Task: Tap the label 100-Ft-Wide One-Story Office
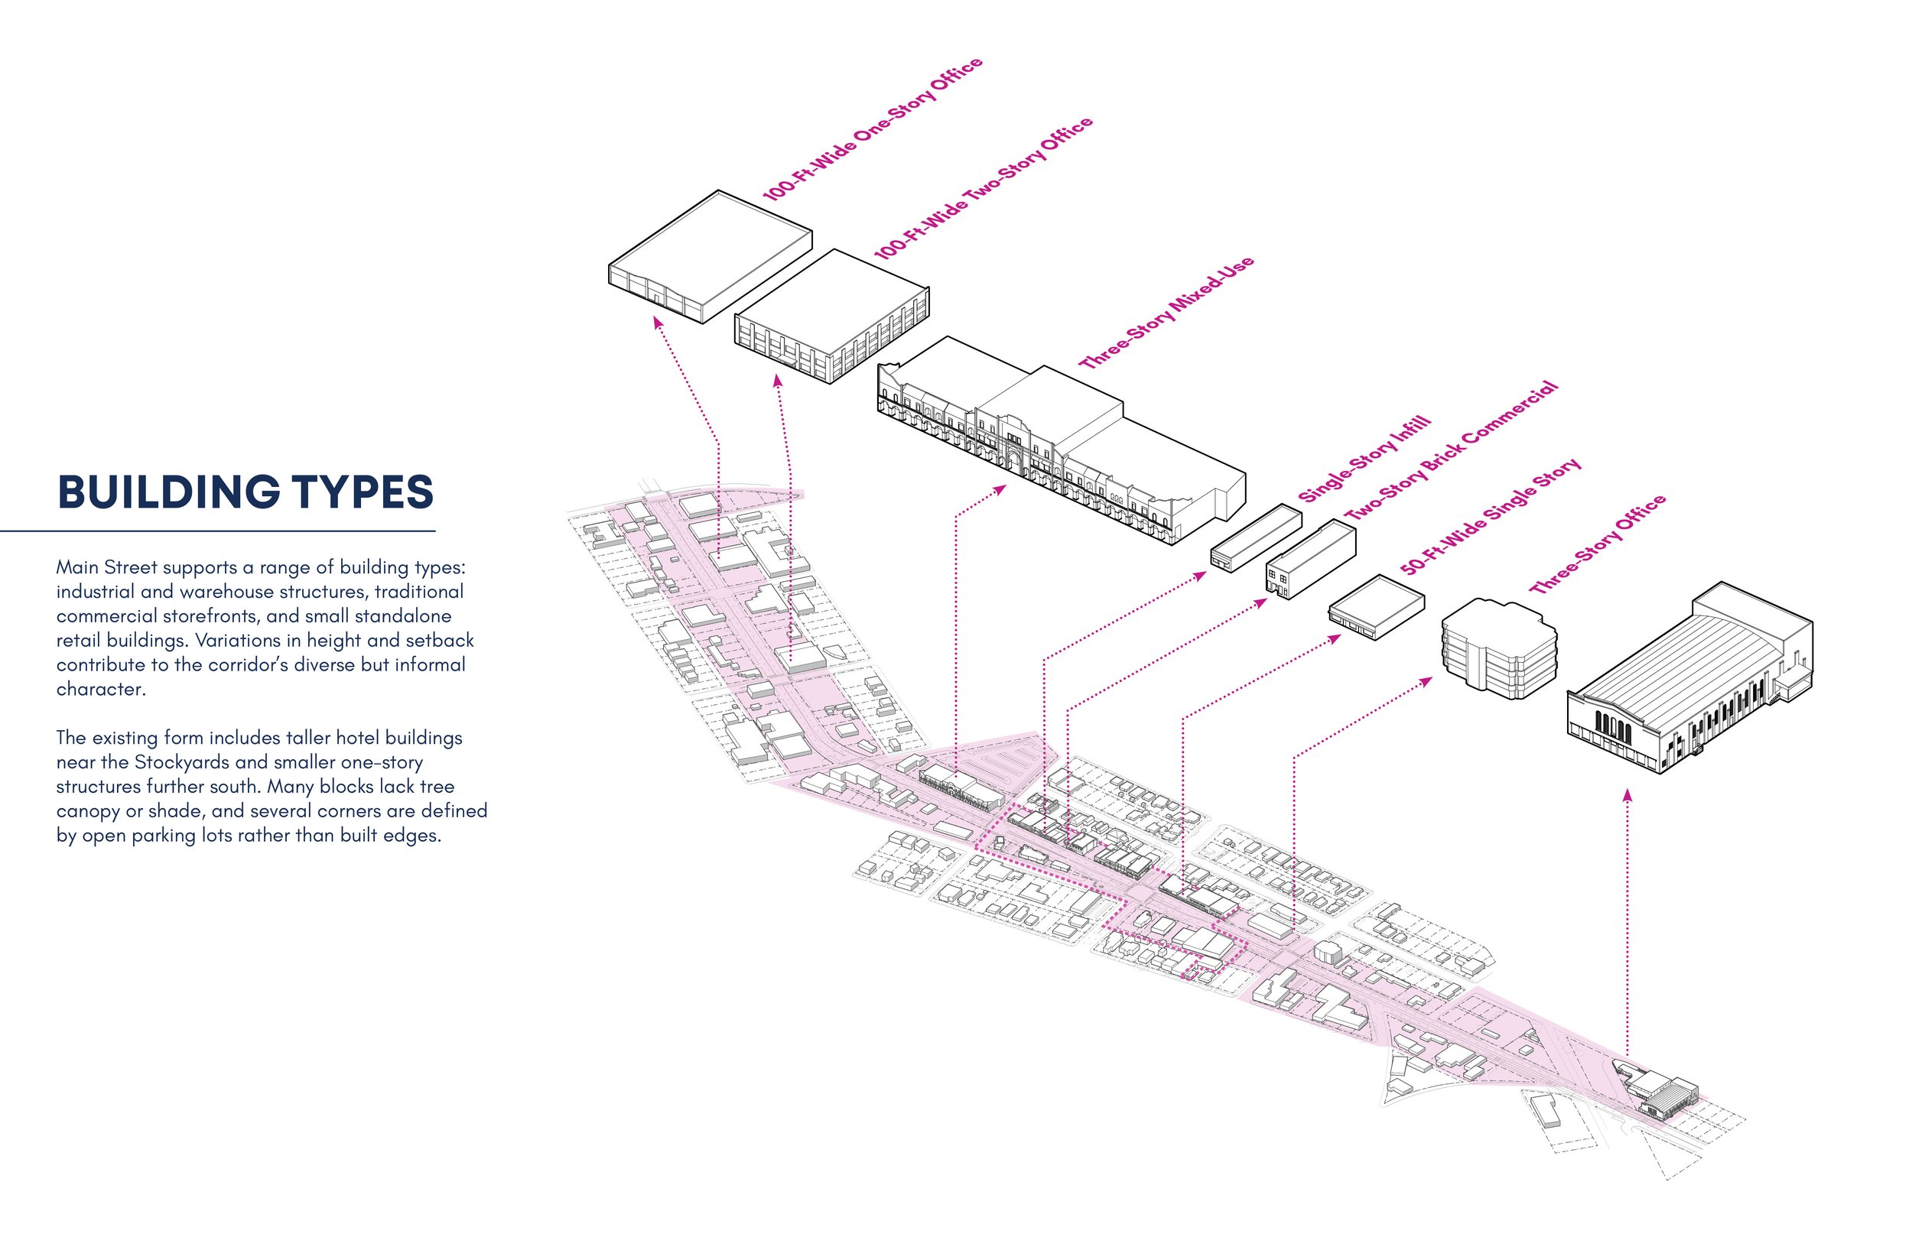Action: click(873, 128)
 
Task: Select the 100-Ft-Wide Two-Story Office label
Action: click(984, 188)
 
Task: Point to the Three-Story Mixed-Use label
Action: click(1166, 313)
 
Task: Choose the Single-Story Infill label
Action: click(1364, 459)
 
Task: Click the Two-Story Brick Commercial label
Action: click(1451, 450)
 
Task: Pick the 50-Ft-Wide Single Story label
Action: click(1491, 516)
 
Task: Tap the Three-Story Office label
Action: click(1597, 544)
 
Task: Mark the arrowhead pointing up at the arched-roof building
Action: click(1627, 794)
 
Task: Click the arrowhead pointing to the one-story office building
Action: click(657, 322)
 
